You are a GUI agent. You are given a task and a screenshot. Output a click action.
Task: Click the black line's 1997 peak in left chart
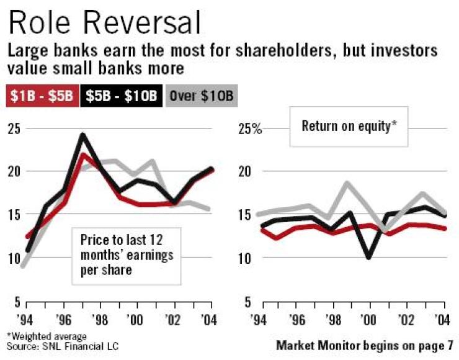(82, 135)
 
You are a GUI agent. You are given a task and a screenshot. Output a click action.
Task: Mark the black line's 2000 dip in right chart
(370, 256)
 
